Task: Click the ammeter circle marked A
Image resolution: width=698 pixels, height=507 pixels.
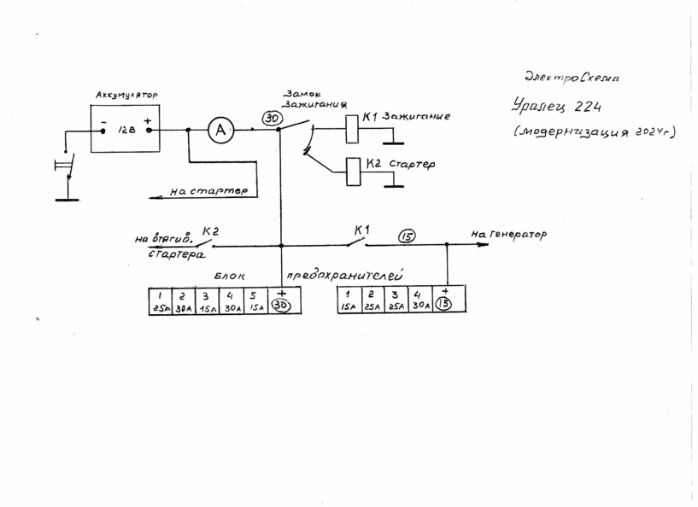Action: click(x=221, y=130)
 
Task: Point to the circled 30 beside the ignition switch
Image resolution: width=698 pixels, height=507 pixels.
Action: click(x=271, y=118)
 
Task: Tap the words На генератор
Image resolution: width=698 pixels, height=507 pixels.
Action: click(x=508, y=234)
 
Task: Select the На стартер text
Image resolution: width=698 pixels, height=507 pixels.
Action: click(x=208, y=192)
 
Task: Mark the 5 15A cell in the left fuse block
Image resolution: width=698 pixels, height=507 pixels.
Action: click(x=255, y=300)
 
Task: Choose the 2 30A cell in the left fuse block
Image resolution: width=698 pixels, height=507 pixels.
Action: click(x=182, y=300)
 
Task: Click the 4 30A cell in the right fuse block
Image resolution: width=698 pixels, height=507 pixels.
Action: click(x=420, y=300)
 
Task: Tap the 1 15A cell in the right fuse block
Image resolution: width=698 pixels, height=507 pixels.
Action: click(x=348, y=300)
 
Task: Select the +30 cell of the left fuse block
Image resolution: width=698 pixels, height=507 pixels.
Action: click(x=284, y=300)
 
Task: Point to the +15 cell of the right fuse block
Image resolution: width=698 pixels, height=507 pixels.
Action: click(x=444, y=300)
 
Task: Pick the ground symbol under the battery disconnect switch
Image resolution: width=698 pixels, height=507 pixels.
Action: click(x=66, y=199)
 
